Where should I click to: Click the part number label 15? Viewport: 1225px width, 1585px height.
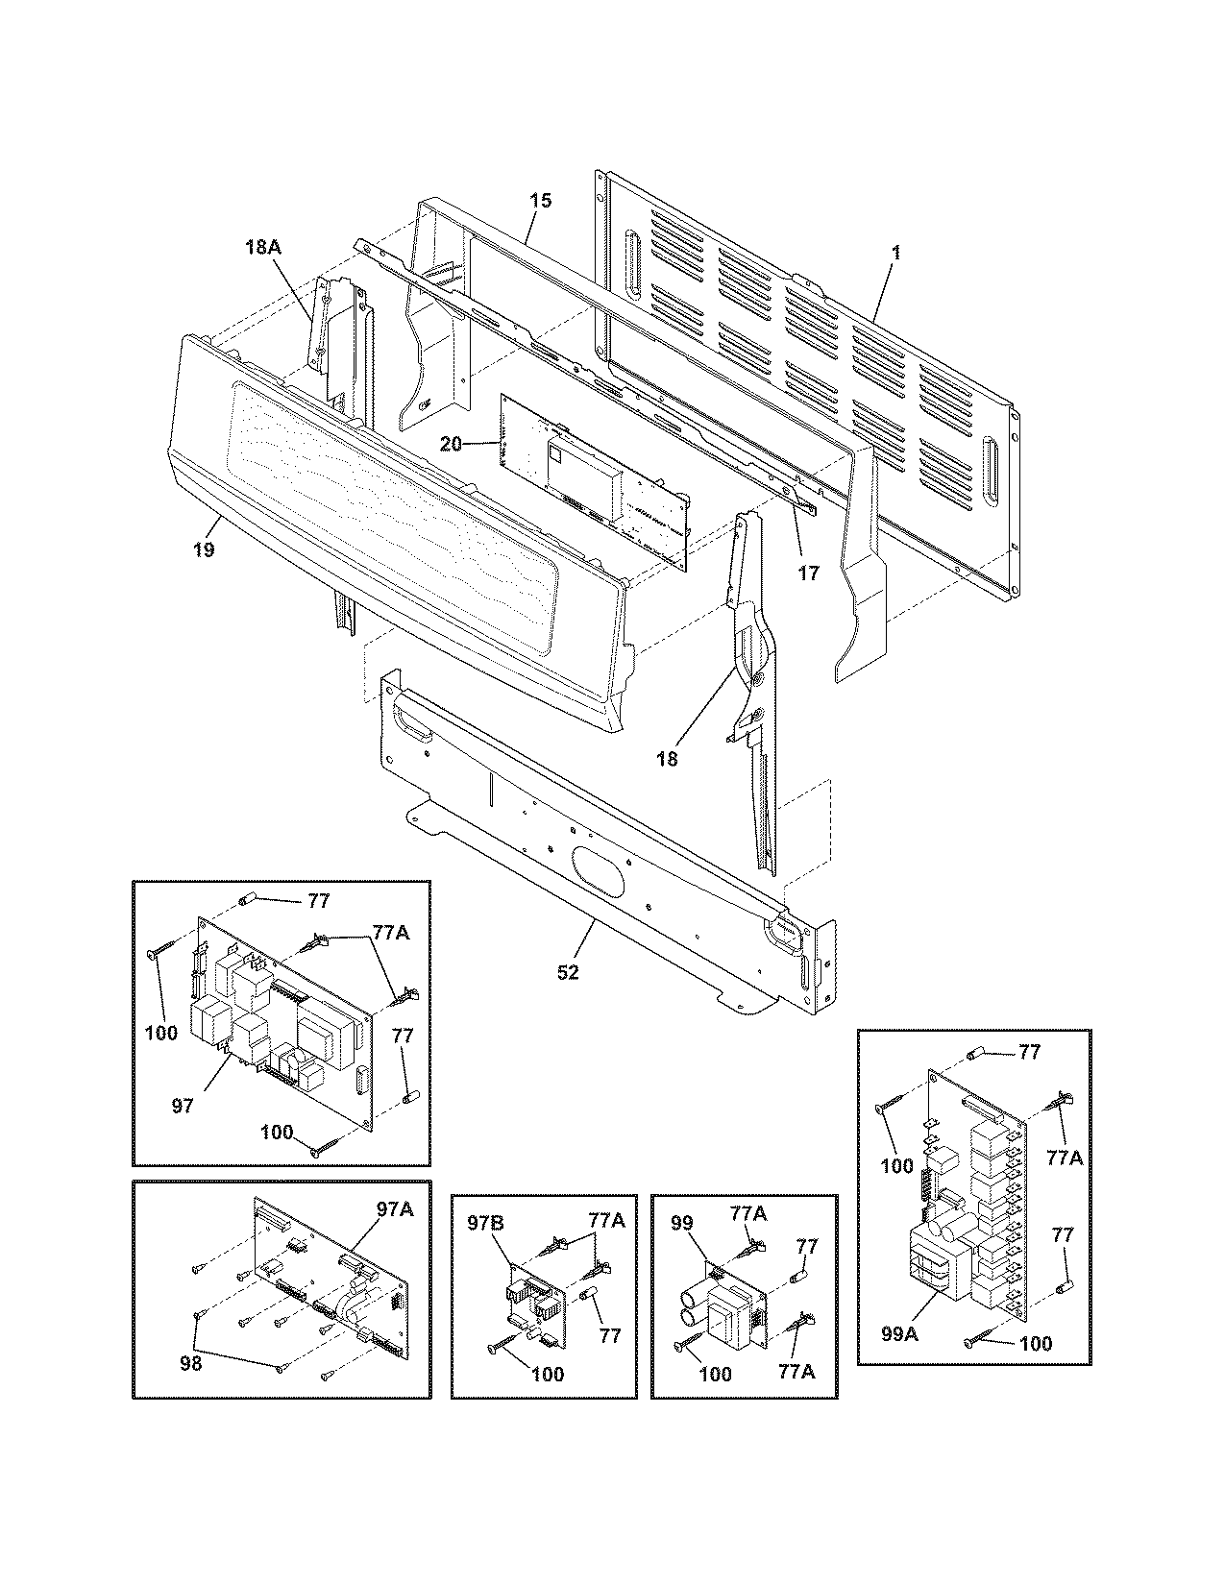[x=541, y=201]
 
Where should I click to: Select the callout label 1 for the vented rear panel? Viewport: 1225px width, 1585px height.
[x=895, y=253]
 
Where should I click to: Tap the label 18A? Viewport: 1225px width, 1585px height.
[x=261, y=247]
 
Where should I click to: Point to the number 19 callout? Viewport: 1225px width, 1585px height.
[x=203, y=549]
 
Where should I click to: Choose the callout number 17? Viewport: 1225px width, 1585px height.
[x=809, y=573]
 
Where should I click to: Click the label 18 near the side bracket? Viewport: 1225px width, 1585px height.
[x=667, y=759]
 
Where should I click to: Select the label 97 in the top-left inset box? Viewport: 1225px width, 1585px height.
[x=183, y=1106]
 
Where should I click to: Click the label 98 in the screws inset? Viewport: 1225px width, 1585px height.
[x=190, y=1362]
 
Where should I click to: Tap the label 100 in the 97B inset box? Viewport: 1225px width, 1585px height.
[x=548, y=1375]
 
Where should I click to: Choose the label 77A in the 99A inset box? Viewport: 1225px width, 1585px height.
[x=1064, y=1158]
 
